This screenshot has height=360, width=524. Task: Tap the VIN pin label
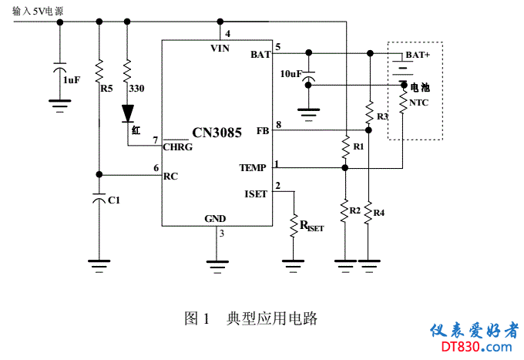tap(220, 49)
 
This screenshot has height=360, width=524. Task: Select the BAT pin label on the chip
tap(260, 55)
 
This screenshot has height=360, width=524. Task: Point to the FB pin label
tap(263, 132)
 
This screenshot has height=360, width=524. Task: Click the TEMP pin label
tap(253, 167)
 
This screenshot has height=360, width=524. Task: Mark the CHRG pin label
tap(177, 146)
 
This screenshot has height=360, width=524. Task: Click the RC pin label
tap(170, 176)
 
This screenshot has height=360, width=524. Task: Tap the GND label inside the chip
tap(215, 219)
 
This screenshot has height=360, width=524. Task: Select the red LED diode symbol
tap(127, 113)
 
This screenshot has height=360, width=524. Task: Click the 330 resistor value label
tap(136, 89)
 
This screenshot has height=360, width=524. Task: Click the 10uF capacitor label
tap(291, 74)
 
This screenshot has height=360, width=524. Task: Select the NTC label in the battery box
tap(419, 103)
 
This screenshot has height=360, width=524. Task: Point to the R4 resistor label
tap(379, 212)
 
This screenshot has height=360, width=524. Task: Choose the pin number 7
tap(155, 140)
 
